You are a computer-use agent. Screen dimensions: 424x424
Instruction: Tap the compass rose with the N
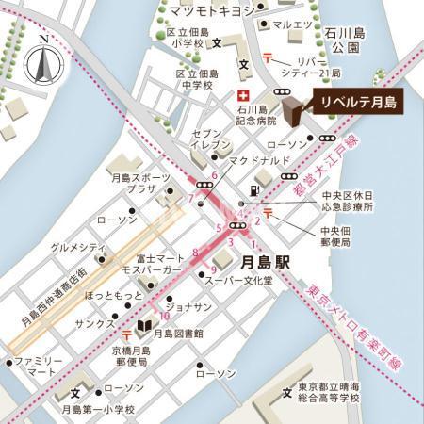43,63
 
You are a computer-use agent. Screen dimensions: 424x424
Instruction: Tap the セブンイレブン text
210,141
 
